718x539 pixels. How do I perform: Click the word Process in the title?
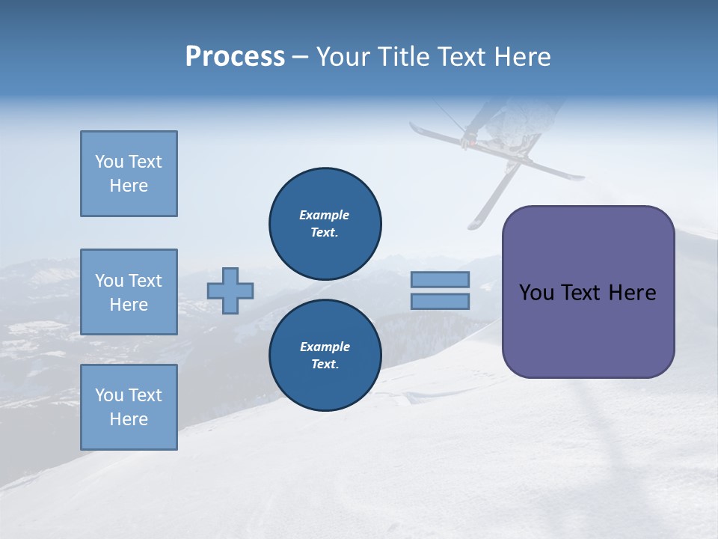pyautogui.click(x=235, y=57)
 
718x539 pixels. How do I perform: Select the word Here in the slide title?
pyautogui.click(x=521, y=57)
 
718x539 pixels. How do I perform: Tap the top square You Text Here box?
pyautogui.click(x=129, y=174)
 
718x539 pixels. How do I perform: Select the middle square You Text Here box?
pyautogui.click(x=129, y=292)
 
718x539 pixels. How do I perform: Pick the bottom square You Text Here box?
pyautogui.click(x=129, y=407)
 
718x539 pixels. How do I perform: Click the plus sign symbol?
pyautogui.click(x=230, y=290)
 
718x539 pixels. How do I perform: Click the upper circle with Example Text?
pyautogui.click(x=325, y=224)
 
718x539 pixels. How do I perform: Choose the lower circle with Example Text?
pyautogui.click(x=325, y=356)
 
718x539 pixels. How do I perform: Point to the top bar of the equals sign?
pyautogui.click(x=441, y=280)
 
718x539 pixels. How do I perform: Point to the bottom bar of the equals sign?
pyautogui.click(x=441, y=302)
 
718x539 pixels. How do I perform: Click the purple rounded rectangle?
pyautogui.click(x=588, y=329)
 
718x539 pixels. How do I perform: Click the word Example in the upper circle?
pyautogui.click(x=325, y=215)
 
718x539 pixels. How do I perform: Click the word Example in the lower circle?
pyautogui.click(x=325, y=347)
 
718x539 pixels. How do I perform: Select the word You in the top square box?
pyautogui.click(x=109, y=162)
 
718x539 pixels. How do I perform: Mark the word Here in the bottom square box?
pyautogui.click(x=129, y=419)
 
